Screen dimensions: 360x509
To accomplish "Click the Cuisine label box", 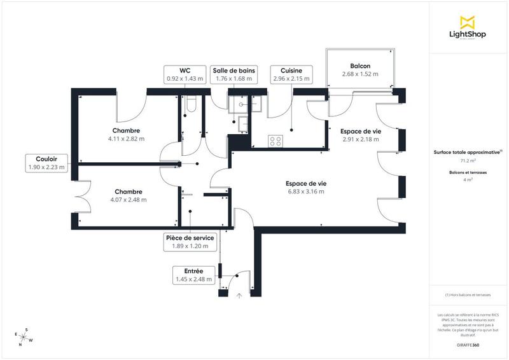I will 291,74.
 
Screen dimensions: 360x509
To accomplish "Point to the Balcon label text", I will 360,66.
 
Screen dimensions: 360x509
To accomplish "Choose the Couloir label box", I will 46,163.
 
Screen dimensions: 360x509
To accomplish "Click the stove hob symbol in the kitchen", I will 276,141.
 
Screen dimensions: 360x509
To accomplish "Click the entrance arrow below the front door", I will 240,295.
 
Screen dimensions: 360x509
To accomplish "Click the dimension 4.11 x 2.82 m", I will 126,138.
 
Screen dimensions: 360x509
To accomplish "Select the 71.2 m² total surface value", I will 468,162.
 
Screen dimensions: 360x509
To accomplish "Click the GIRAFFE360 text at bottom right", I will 468,344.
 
